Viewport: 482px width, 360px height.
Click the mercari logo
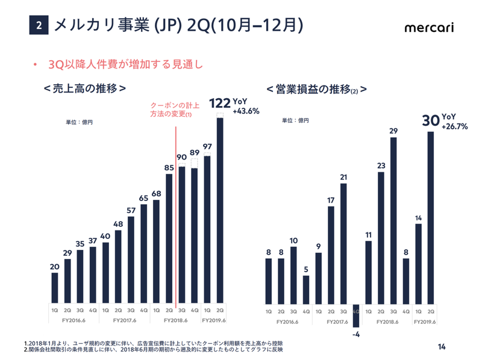tap(429, 28)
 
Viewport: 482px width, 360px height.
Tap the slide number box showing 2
tap(39, 26)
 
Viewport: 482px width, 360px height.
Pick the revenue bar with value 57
tap(131, 259)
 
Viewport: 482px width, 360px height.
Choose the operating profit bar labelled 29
tap(393, 220)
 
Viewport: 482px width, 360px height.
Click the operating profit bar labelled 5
tap(306, 288)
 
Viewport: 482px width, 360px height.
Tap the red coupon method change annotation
tap(171, 109)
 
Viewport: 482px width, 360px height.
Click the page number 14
tap(442, 346)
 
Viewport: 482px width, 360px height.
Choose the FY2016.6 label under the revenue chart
tap(74, 321)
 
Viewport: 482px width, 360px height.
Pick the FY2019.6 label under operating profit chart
tap(425, 321)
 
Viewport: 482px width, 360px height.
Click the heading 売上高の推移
tap(84, 88)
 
